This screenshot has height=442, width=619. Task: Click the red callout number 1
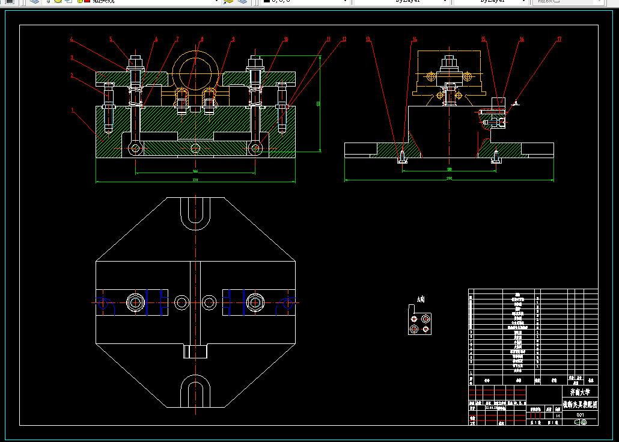(73, 111)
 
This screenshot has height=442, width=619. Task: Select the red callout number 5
(111, 40)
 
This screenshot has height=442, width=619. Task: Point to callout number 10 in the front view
(286, 40)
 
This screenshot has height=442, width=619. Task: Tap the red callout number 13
(368, 40)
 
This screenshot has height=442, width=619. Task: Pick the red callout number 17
(559, 40)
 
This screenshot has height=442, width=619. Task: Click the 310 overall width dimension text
(195, 180)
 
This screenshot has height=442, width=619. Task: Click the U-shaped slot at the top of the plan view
(195, 213)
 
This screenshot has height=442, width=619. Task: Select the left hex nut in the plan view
(136, 302)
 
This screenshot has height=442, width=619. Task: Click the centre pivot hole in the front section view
(195, 148)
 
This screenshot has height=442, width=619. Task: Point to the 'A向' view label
(421, 299)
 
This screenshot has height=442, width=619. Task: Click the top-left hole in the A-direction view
(413, 318)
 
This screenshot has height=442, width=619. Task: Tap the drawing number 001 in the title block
(580, 414)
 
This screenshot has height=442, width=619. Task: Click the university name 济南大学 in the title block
(580, 391)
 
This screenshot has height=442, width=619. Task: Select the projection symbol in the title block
(580, 422)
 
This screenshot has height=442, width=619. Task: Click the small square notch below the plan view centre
(195, 351)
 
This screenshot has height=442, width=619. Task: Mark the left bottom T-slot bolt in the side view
(401, 158)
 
